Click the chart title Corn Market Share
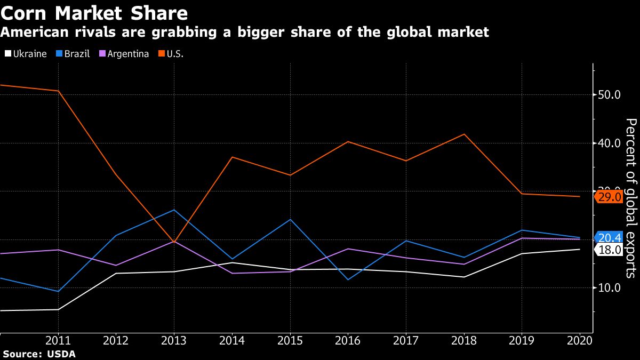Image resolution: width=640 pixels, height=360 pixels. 94,12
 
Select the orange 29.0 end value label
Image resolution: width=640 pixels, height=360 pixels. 609,197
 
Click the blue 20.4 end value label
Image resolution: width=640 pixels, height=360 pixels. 609,238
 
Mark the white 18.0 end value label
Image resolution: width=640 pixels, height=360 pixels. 609,250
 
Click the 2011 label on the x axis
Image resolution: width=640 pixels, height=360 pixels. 58,341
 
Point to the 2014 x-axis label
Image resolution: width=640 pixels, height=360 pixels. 232,341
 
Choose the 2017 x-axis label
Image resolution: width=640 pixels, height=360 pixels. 406,341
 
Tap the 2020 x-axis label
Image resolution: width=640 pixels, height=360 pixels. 580,341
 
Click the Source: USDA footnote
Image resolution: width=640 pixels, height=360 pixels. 39,354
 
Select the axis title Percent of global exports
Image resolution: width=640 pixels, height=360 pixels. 631,198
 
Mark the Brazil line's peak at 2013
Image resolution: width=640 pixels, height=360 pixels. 174,210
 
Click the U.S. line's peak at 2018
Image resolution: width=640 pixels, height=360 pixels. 464,134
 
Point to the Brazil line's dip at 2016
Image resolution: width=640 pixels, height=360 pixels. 348,279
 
